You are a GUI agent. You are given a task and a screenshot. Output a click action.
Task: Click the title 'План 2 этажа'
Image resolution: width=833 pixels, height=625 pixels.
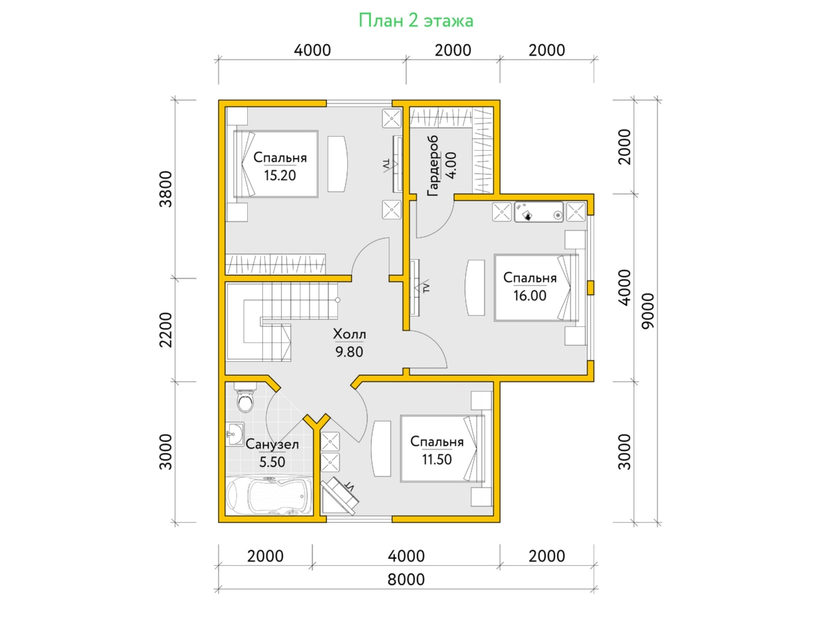pos(416,21)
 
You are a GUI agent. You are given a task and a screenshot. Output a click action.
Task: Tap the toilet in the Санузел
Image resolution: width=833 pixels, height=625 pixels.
pos(245,397)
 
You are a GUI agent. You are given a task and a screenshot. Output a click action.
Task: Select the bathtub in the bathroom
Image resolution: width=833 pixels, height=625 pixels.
pos(269,496)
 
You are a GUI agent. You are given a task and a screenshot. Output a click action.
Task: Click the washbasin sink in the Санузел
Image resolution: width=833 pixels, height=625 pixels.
pos(235,433)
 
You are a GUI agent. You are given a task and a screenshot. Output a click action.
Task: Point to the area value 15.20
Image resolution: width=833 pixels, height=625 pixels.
pos(280,176)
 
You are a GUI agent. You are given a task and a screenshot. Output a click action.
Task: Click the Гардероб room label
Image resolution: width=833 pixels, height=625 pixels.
pos(433,165)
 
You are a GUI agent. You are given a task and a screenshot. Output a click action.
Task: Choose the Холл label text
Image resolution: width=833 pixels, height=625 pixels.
pos(349,334)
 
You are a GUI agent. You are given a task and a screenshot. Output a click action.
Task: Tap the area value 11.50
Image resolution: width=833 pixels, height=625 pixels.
pos(437,460)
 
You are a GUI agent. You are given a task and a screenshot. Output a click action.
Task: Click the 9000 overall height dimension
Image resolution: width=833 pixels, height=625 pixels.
pos(648,311)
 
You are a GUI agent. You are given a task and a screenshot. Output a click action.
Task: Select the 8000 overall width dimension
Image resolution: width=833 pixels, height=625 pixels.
pos(406,580)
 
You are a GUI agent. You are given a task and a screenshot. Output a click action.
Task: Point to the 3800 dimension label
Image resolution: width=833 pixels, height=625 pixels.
pos(166,189)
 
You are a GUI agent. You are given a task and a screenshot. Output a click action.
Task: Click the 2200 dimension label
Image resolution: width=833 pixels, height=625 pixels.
pos(166,330)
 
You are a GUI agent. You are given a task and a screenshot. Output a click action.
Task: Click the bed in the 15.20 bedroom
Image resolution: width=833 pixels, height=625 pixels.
pos(276,164)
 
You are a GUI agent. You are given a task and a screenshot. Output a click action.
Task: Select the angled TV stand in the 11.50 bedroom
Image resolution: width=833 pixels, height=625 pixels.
pos(339,497)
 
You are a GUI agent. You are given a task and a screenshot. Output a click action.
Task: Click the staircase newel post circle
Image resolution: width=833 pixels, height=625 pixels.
pos(337,300)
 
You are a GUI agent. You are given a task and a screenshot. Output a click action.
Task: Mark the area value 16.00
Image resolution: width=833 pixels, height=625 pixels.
pos(530,296)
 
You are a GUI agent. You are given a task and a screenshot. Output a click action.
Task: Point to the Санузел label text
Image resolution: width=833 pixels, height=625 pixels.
pos(272,444)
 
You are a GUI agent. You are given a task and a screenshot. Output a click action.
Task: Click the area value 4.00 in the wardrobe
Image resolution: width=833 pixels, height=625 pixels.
pos(452,165)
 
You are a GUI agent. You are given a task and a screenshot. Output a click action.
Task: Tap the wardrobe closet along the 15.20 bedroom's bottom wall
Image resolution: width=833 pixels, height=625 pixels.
pos(276,264)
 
